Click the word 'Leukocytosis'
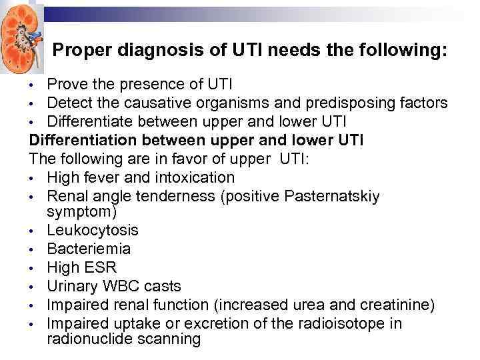pos(93,230)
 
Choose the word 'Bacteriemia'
pos(89,249)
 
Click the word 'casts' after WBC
pos(162,286)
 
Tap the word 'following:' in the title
pos(403,50)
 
